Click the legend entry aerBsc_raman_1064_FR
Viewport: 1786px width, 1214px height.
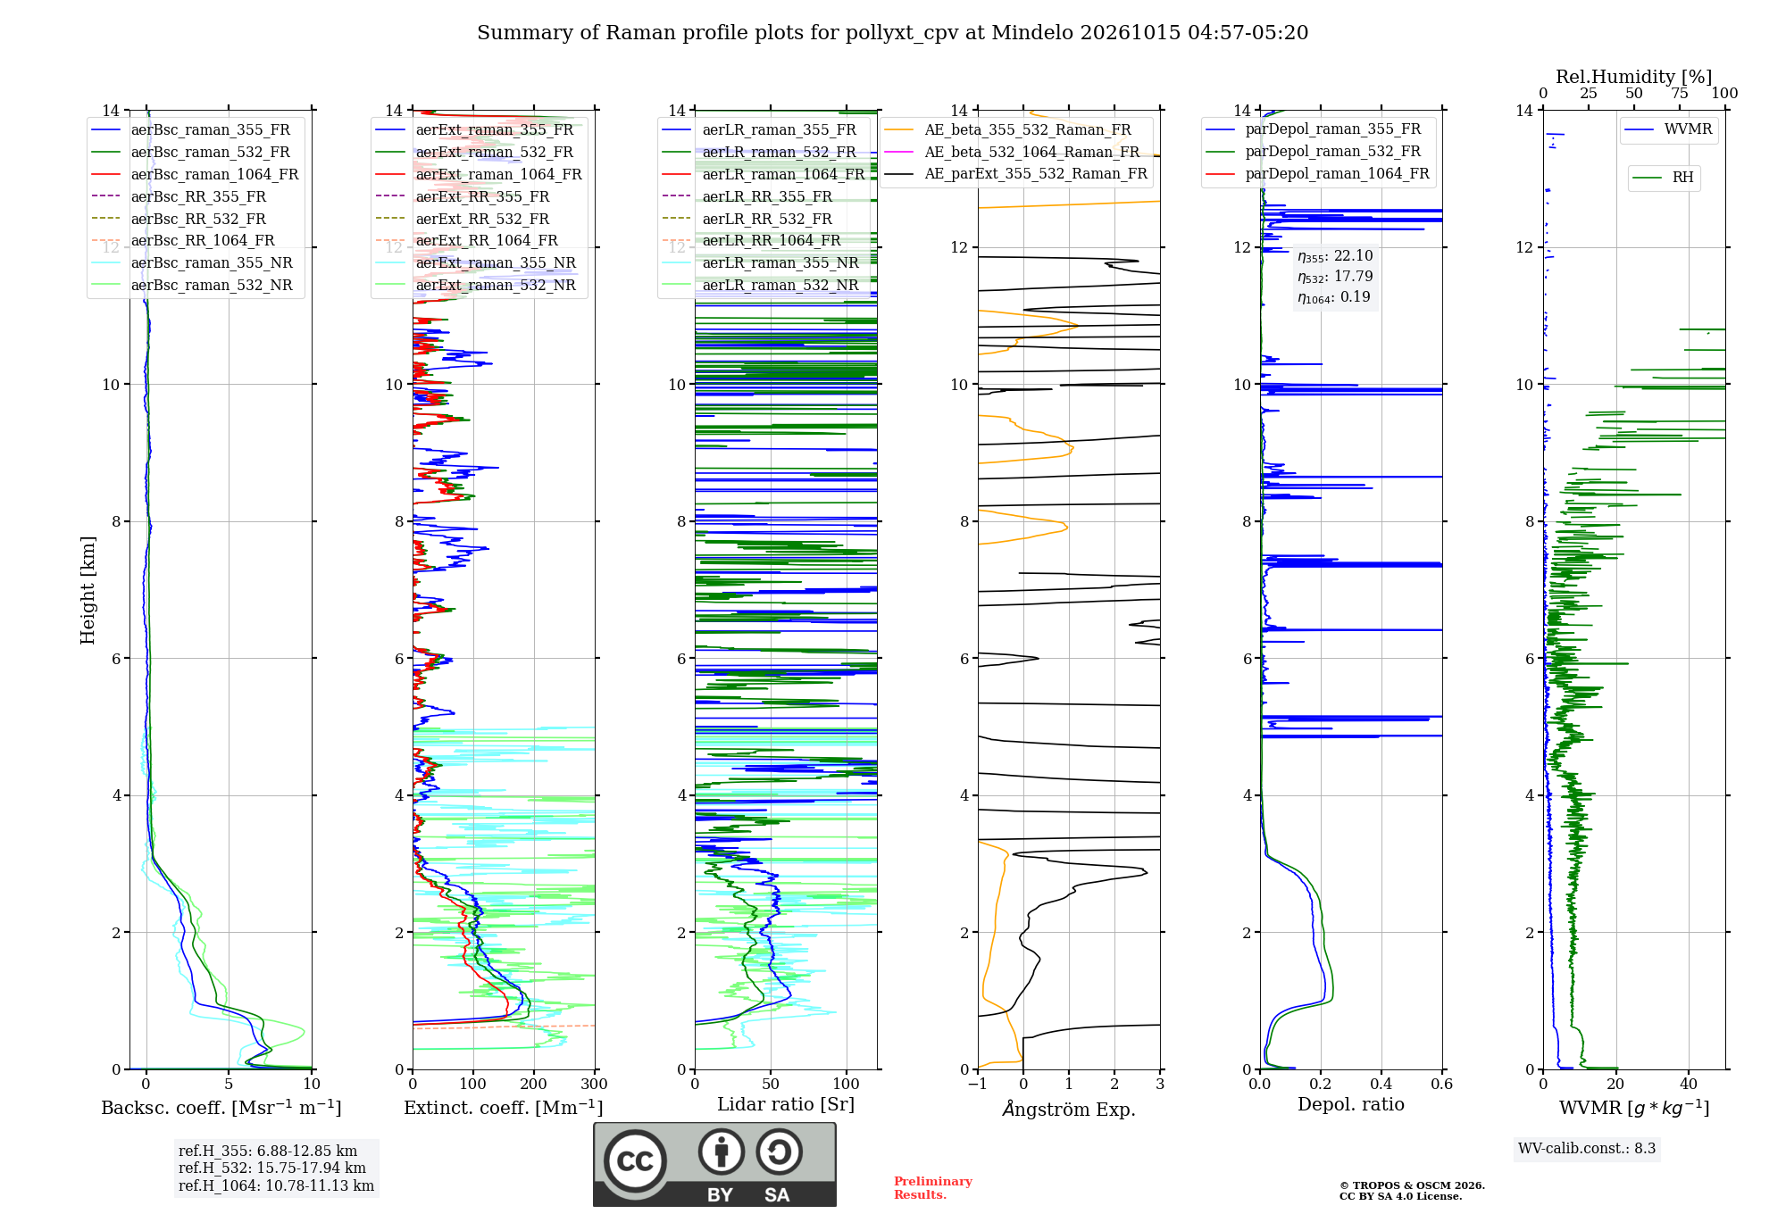195,174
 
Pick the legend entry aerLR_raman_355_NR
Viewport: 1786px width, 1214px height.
760,262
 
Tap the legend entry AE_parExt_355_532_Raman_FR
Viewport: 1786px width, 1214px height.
1015,173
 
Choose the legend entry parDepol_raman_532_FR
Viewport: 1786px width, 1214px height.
1313,152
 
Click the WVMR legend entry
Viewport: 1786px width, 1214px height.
1668,129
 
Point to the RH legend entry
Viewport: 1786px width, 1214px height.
1663,178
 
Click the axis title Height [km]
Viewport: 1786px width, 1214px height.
88,590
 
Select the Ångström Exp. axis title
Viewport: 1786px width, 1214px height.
1069,1109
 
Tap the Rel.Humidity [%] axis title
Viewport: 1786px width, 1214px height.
1634,77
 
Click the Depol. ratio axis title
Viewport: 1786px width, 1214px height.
1351,1104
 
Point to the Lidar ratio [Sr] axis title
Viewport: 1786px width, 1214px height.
786,1104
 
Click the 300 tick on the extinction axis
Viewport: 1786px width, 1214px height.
595,1084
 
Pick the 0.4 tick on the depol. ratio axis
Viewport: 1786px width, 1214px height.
1381,1084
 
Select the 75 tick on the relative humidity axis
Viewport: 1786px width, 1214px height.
1680,94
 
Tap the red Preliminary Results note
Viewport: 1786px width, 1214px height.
933,1188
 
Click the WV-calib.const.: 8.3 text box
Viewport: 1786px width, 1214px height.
1587,1149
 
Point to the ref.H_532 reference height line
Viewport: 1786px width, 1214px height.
272,1168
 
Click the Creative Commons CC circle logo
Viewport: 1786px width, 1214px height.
635,1161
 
